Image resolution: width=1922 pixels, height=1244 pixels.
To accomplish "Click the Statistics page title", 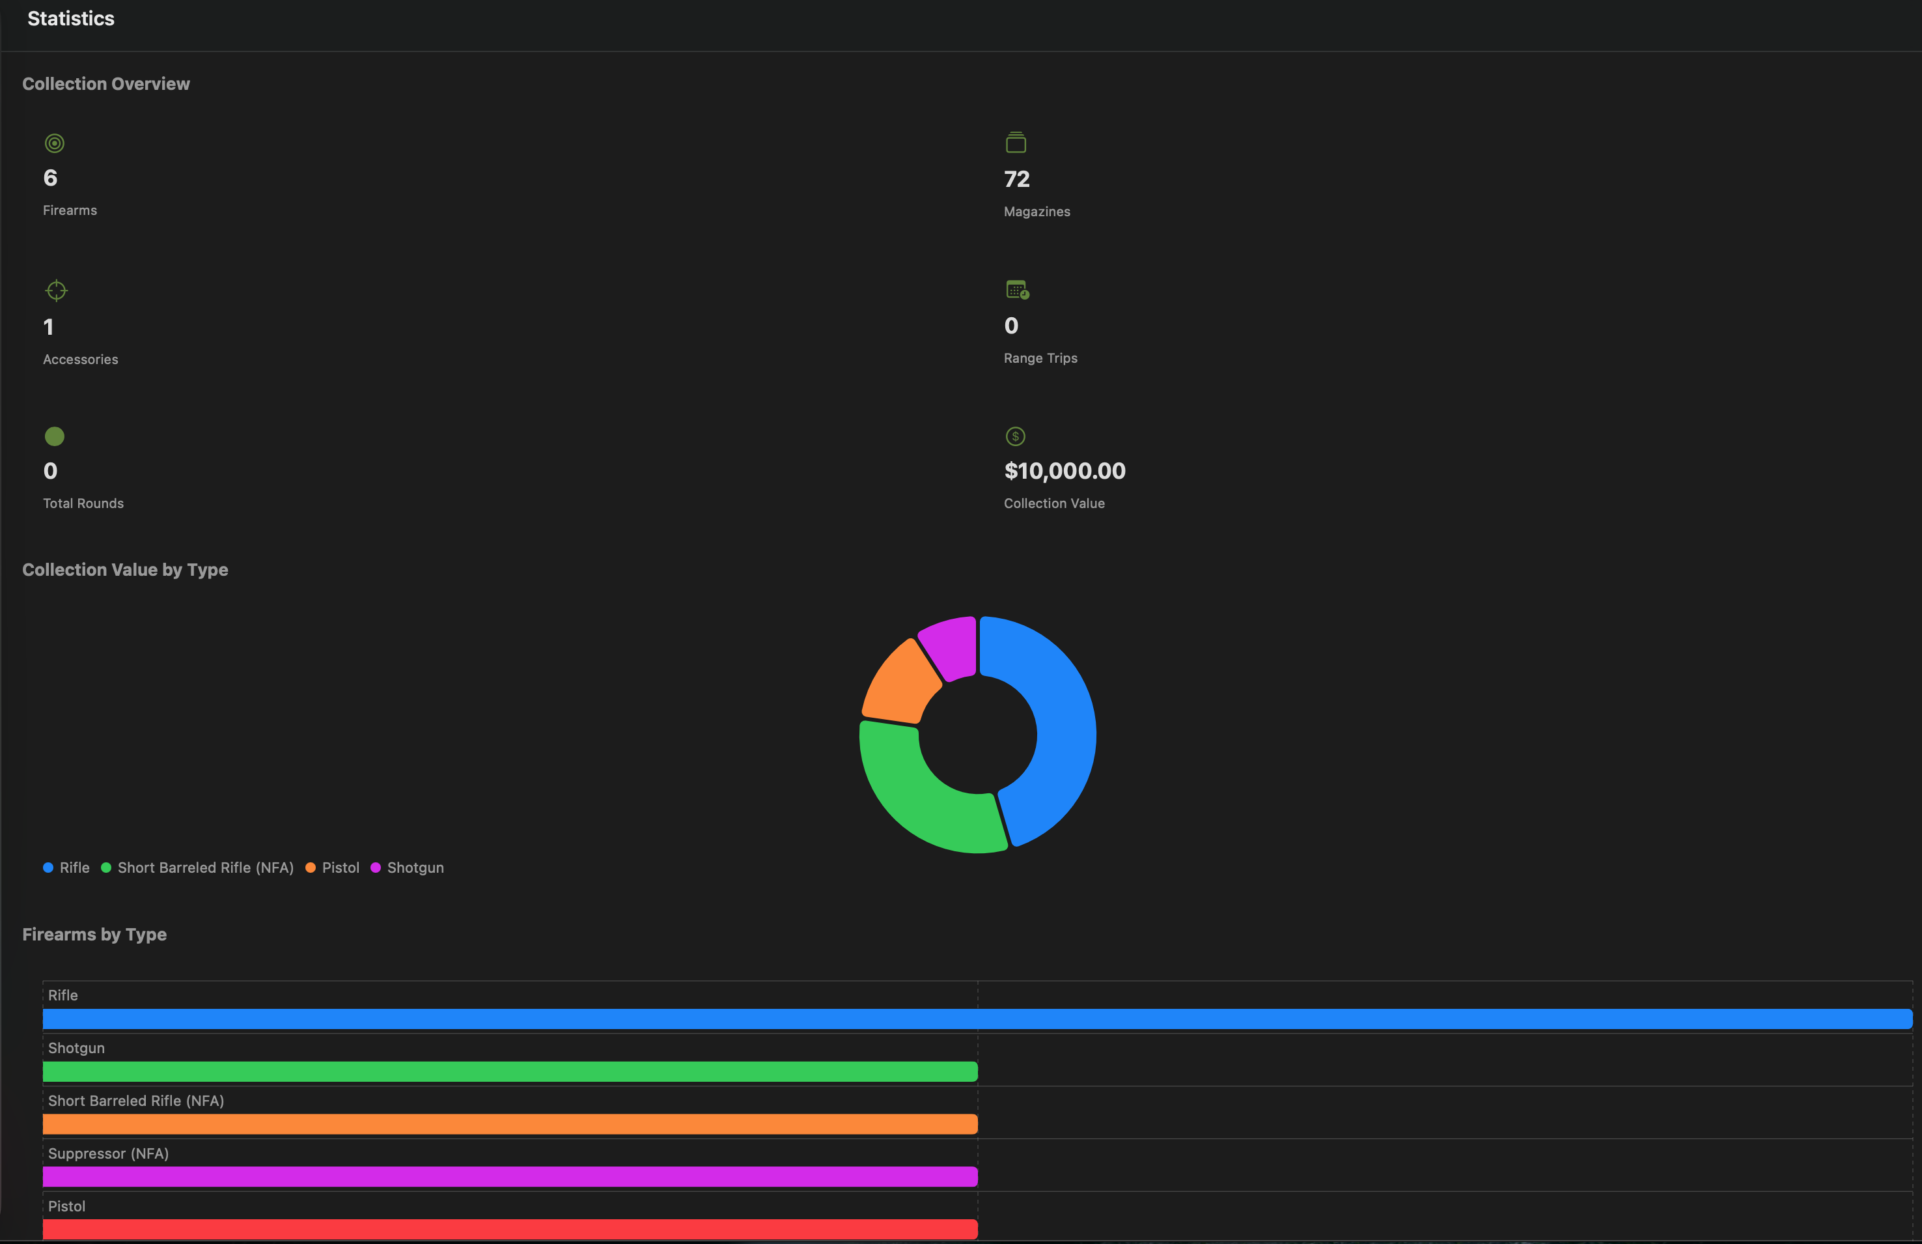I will click(x=71, y=19).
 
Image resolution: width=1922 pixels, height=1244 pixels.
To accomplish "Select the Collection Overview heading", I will click(x=105, y=84).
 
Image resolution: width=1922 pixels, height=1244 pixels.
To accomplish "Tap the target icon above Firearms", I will click(x=54, y=144).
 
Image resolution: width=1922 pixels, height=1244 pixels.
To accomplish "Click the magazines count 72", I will click(x=1017, y=178).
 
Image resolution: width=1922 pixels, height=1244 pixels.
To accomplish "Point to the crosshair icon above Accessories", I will click(x=57, y=290).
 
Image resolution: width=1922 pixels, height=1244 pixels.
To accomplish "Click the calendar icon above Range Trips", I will click(x=1017, y=289).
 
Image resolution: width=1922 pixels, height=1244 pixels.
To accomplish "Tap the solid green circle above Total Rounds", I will click(x=54, y=436).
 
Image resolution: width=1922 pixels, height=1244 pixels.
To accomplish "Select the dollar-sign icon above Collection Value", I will click(x=1015, y=436).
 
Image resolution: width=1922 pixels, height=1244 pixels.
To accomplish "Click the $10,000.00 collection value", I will click(x=1065, y=471).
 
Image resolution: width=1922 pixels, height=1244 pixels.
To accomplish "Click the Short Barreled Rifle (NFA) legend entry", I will click(x=205, y=868).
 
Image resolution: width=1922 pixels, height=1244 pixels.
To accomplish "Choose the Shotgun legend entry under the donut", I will click(x=415, y=868).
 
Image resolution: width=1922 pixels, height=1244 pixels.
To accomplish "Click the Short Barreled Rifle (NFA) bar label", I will click(x=135, y=1101).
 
